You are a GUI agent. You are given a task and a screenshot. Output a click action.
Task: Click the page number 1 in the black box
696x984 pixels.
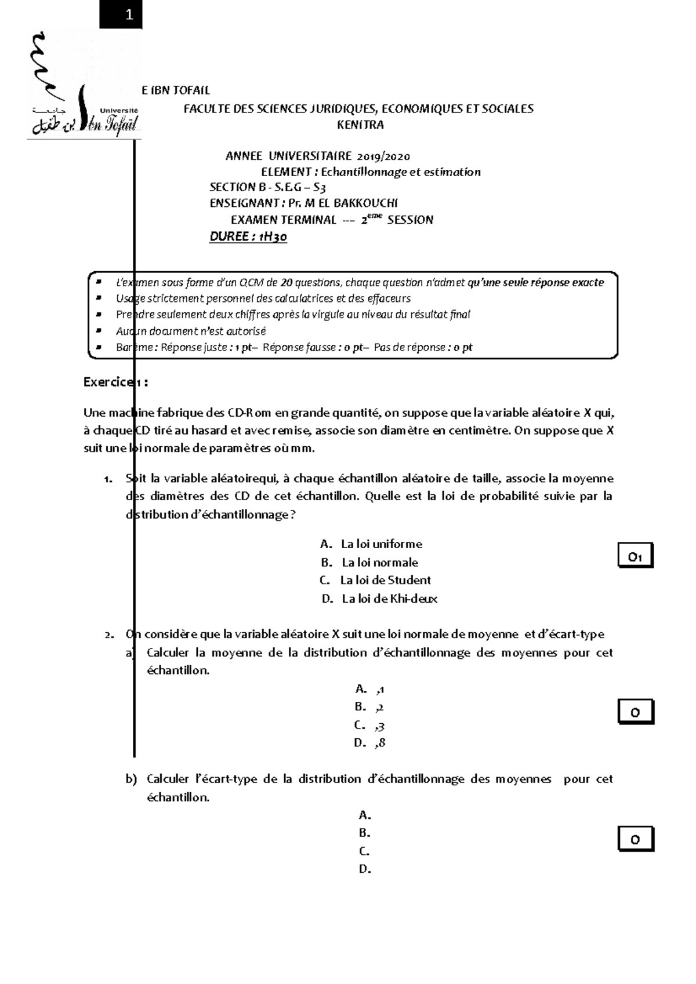(x=129, y=15)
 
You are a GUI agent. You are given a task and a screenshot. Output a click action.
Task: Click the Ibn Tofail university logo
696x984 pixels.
(x=84, y=87)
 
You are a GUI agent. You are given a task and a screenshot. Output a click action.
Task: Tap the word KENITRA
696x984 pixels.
(x=360, y=125)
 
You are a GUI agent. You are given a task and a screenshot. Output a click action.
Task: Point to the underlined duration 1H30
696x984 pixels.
(x=273, y=236)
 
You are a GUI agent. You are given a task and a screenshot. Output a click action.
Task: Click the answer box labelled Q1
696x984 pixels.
(x=635, y=557)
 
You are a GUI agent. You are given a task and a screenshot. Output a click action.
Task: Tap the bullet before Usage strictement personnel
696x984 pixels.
(x=99, y=298)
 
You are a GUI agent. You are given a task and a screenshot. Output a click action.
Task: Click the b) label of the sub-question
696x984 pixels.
(x=131, y=779)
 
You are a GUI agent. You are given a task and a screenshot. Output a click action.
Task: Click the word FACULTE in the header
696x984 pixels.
(x=206, y=109)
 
